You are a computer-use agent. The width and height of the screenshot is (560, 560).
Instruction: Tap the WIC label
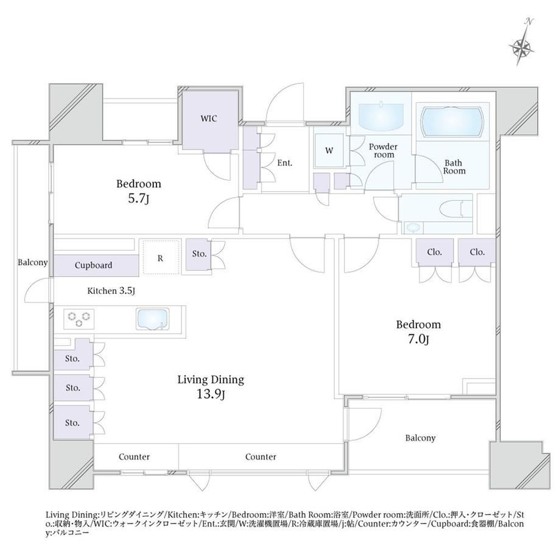point(209,118)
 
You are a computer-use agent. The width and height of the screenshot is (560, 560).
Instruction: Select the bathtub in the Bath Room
point(453,122)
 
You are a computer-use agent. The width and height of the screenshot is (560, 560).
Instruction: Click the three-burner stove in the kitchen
point(79,319)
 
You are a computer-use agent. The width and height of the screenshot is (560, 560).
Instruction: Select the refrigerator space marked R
point(161,257)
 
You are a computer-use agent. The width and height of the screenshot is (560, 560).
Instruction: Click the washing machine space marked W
point(329,150)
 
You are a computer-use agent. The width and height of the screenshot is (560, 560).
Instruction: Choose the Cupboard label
point(93,265)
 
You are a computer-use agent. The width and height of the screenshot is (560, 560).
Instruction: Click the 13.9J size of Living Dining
point(211,394)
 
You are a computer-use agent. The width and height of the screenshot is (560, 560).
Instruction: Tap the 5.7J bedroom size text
point(139,198)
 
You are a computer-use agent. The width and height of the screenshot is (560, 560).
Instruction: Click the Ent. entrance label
point(285,163)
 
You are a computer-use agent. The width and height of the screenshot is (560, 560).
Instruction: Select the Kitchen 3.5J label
point(111,291)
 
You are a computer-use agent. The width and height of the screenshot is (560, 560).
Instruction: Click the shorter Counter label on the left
point(135,457)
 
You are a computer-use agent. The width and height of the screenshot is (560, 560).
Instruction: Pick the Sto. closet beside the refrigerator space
point(199,254)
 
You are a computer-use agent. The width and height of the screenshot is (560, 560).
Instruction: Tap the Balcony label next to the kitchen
point(33,262)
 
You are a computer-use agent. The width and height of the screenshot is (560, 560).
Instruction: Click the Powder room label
point(383,150)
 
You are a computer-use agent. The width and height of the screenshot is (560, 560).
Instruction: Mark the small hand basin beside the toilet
point(413,228)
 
